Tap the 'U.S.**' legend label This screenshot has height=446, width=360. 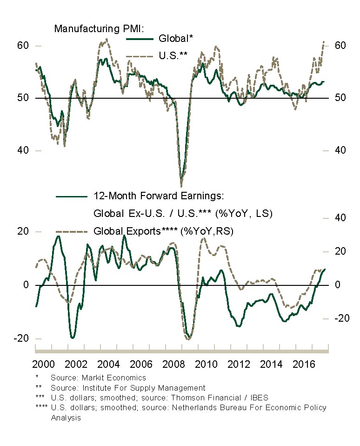pos(173,55)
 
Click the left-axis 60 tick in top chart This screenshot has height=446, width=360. pos(23,46)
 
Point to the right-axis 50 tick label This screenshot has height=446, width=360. pos(340,98)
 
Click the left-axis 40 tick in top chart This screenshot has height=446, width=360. pos(23,150)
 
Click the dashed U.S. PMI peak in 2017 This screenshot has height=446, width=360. pos(324,42)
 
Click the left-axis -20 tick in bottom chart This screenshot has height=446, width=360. pos(21,338)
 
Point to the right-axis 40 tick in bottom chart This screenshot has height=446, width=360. pos(340,218)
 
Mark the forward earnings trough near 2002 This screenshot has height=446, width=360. pos(73,338)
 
